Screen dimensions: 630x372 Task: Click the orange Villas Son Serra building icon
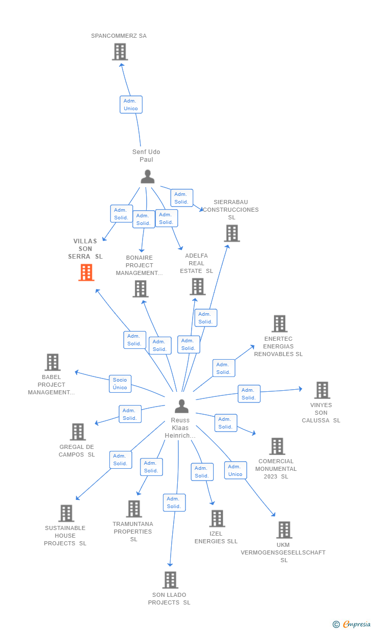pyautogui.click(x=86, y=272)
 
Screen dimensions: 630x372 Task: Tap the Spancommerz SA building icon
pyautogui.click(x=120, y=52)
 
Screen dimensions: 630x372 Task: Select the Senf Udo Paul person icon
pyautogui.click(x=147, y=177)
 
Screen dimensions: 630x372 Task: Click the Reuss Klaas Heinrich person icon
pyautogui.click(x=181, y=406)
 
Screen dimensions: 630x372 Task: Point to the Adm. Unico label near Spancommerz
pyautogui.click(x=131, y=105)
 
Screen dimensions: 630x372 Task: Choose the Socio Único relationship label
pyautogui.click(x=120, y=384)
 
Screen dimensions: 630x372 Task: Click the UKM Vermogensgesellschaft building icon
pyautogui.click(x=284, y=530)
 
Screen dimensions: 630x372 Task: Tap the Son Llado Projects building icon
pyautogui.click(x=170, y=580)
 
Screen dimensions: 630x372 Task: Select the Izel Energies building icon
pyautogui.click(x=217, y=518)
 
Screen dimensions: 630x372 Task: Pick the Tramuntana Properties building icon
pyautogui.click(x=134, y=509)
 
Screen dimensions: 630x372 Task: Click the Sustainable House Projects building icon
pyautogui.click(x=66, y=513)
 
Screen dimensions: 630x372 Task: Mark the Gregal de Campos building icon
pyautogui.click(x=78, y=432)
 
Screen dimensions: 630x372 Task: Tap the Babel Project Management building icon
pyautogui.click(x=53, y=362)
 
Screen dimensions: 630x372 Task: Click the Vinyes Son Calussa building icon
pyautogui.click(x=322, y=390)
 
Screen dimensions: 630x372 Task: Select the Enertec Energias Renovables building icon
pyautogui.click(x=279, y=323)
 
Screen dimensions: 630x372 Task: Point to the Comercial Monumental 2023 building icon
pyautogui.click(x=277, y=446)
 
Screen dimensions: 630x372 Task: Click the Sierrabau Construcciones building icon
pyautogui.click(x=232, y=233)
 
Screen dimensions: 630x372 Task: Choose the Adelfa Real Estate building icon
pyautogui.click(x=197, y=287)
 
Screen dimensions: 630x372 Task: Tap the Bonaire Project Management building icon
pyautogui.click(x=140, y=289)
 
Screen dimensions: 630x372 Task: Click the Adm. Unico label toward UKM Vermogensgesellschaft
pyautogui.click(x=235, y=470)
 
